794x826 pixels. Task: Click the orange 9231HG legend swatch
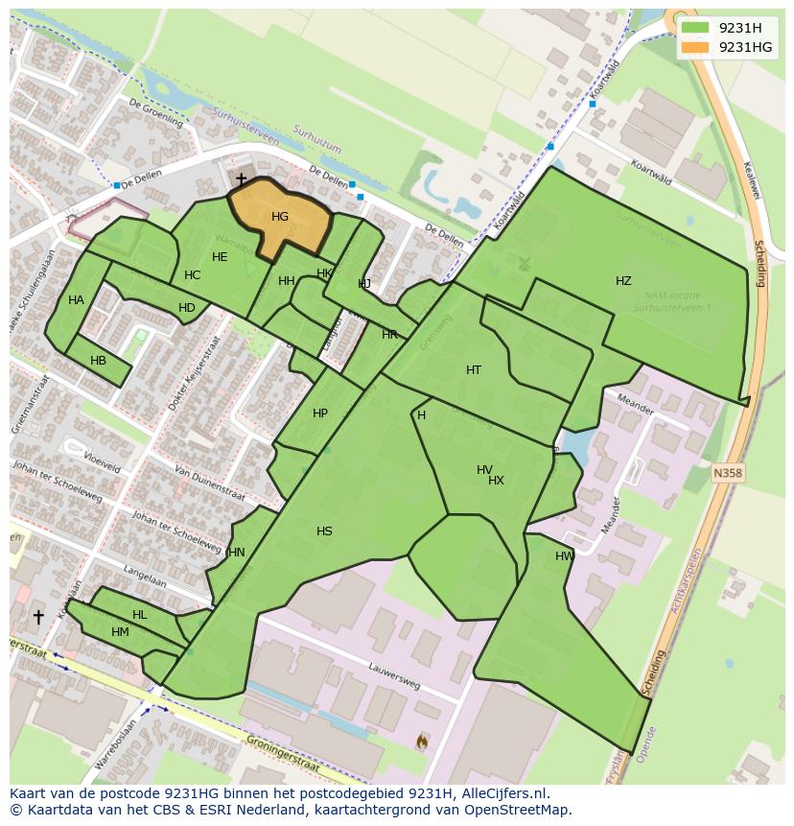tap(696, 47)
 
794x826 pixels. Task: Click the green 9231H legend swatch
tap(696, 28)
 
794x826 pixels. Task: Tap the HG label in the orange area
tap(280, 217)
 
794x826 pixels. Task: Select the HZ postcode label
tap(623, 281)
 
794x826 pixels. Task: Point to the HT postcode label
tap(474, 370)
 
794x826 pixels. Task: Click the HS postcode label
tap(324, 531)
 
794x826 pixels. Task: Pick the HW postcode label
tap(565, 556)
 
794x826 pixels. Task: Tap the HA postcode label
tap(76, 300)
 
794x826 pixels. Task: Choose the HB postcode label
tap(98, 361)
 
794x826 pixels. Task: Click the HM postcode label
tap(120, 632)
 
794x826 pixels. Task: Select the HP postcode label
tap(320, 413)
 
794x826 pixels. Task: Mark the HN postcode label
tap(237, 553)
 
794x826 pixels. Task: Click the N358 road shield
tap(728, 473)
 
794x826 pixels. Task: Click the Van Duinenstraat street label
tap(209, 484)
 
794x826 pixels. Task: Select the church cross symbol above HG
tap(241, 179)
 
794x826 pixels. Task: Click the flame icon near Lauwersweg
tap(422, 741)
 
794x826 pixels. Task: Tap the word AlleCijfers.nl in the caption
tap(502, 793)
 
